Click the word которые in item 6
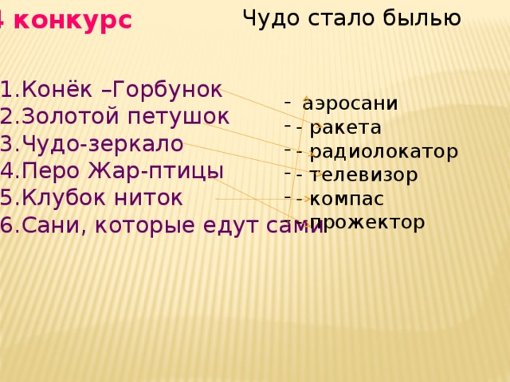[x=153, y=226]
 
